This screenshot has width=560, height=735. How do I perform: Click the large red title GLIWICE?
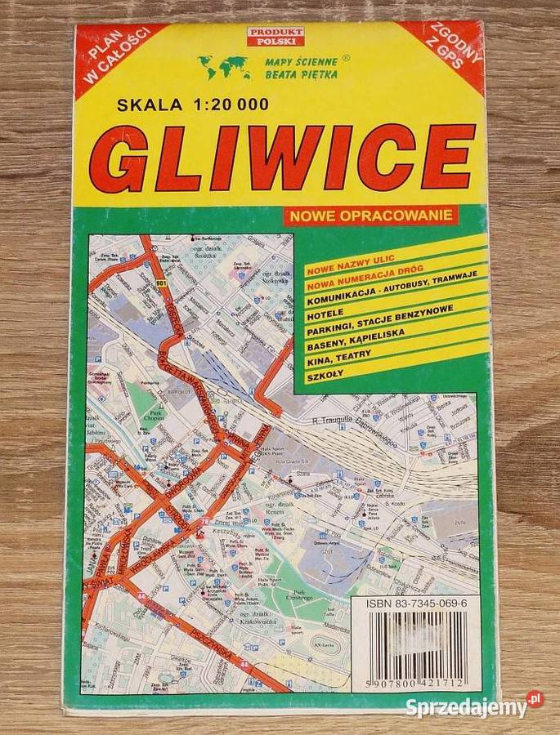[x=282, y=157]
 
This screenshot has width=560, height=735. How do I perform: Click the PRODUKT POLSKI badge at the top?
[x=276, y=36]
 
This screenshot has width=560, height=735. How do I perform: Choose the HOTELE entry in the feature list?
[x=325, y=313]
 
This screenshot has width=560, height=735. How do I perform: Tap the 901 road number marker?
[x=159, y=283]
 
